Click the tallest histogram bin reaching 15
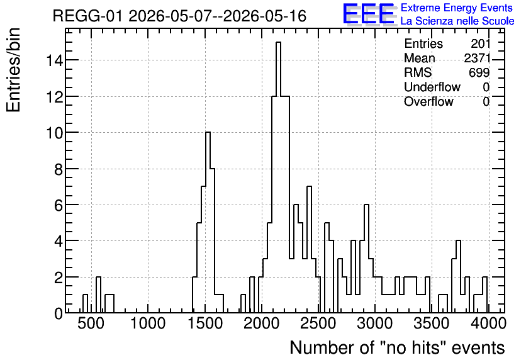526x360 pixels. click(x=278, y=177)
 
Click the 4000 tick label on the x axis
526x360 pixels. click(x=488, y=323)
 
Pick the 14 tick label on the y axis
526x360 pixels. click(x=54, y=60)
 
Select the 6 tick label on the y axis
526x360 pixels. click(x=59, y=205)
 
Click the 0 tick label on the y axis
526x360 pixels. click(x=59, y=313)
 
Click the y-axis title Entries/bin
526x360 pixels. click(x=13, y=70)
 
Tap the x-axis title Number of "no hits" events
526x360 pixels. click(x=397, y=347)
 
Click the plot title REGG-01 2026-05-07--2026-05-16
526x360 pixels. click(x=179, y=16)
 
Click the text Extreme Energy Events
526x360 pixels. click(x=457, y=8)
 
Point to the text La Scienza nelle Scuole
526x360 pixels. click(x=457, y=21)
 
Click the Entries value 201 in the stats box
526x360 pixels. click(x=480, y=43)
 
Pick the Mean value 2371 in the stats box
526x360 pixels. click(x=477, y=58)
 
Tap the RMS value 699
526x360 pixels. click(x=479, y=72)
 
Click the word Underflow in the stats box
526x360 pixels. click(x=432, y=87)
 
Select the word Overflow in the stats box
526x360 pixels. click(x=428, y=101)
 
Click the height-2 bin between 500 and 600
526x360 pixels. click(x=98, y=295)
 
